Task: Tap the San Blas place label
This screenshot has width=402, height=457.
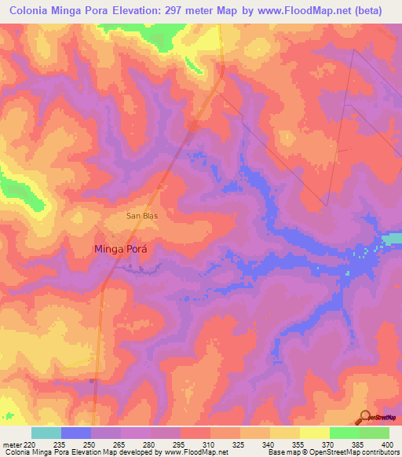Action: pyautogui.click(x=142, y=214)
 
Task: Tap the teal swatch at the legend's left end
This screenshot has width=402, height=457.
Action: pyautogui.click(x=46, y=433)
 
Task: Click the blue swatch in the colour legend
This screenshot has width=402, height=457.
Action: pyautogui.click(x=76, y=433)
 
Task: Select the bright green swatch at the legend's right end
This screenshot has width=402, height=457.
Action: pyautogui.click(x=374, y=433)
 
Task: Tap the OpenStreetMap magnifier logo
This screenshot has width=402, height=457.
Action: pyautogui.click(x=365, y=418)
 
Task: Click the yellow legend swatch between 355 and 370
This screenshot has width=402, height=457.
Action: pyautogui.click(x=314, y=433)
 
